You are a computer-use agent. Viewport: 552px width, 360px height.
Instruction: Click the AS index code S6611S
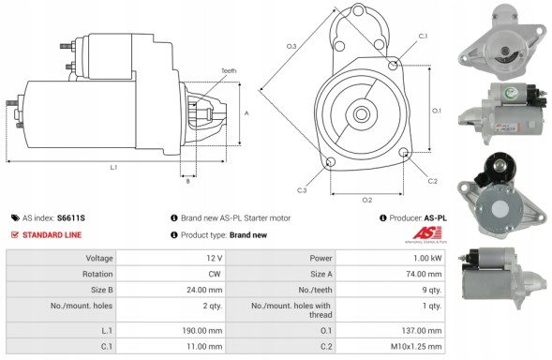(71, 217)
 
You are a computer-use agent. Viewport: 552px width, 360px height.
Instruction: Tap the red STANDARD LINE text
(53, 234)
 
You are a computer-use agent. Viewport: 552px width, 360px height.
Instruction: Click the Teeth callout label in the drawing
(229, 72)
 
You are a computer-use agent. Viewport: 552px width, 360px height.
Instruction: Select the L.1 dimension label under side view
(113, 167)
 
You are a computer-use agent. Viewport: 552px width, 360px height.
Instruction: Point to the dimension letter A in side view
(246, 112)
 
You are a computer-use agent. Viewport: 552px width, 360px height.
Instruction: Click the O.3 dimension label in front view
(291, 46)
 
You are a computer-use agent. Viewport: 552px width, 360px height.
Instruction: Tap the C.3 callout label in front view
(302, 190)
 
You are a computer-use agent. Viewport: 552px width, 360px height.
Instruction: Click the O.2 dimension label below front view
(366, 200)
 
